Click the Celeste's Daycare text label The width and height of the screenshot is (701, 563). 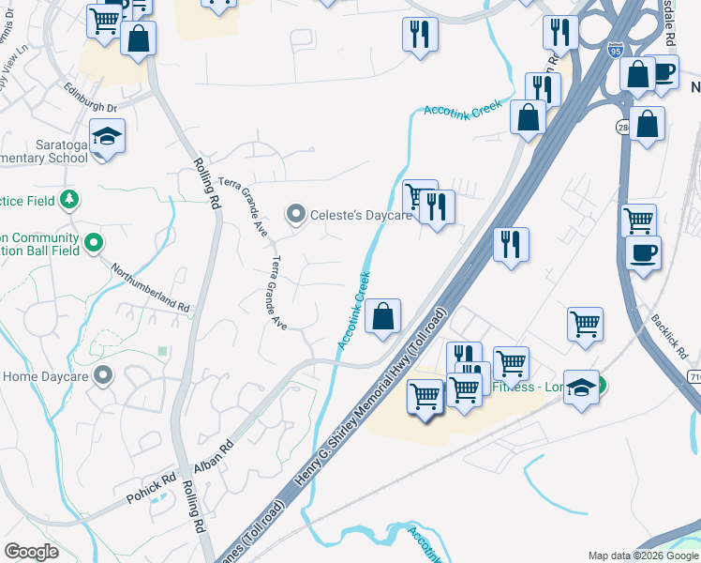(x=362, y=216)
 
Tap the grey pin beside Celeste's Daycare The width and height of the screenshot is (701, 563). (x=297, y=216)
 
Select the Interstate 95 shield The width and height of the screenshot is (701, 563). (x=614, y=52)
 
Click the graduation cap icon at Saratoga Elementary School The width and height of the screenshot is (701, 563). (x=107, y=137)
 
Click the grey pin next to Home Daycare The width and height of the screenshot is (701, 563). (x=103, y=376)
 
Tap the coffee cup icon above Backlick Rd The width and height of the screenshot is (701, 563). (x=643, y=253)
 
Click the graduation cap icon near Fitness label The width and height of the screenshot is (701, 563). (x=581, y=387)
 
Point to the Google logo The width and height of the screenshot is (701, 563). (x=32, y=552)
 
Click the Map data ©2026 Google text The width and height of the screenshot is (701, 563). (x=642, y=555)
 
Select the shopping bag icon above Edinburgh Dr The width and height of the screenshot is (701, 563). (x=139, y=39)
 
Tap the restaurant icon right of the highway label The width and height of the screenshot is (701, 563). (x=511, y=246)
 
